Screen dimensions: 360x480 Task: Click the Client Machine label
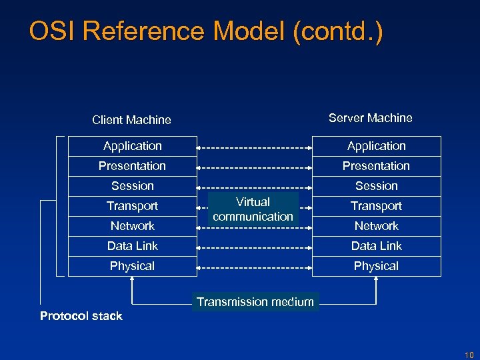pos(131,120)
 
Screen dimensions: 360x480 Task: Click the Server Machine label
pos(370,118)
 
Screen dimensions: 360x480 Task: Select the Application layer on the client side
pos(132,146)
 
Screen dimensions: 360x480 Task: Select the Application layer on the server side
pos(376,146)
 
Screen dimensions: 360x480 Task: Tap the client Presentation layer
pos(132,166)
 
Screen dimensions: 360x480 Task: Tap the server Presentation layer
pos(376,166)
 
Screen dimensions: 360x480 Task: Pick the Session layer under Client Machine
pos(132,186)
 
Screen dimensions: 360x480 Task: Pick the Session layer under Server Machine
pos(376,186)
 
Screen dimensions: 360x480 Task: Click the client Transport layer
pos(132,206)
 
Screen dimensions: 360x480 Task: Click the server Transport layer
pos(376,206)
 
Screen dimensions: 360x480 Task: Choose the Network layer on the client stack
pos(132,226)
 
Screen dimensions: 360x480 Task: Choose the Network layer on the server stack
pos(376,226)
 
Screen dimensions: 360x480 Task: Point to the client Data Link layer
pos(132,246)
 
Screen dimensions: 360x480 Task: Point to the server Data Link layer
pos(376,246)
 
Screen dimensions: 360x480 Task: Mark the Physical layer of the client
pos(132,266)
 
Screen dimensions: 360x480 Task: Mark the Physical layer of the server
pos(376,266)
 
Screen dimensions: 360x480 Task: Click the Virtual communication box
pos(253,209)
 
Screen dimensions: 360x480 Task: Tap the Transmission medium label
pos(255,302)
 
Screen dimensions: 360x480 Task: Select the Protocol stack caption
pos(81,316)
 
